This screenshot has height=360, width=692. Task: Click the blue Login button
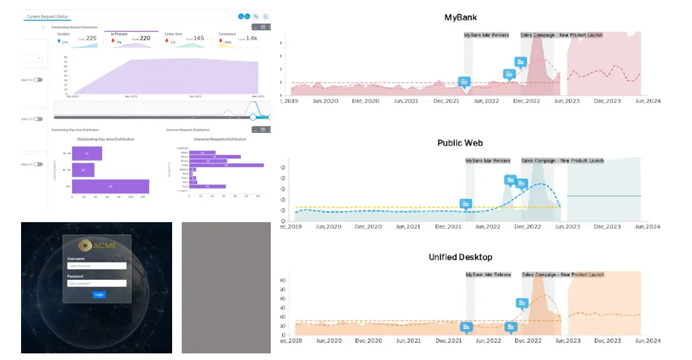(99, 295)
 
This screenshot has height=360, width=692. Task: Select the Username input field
(97, 265)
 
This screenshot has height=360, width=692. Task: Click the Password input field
(97, 283)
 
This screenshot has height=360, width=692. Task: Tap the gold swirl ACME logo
(87, 245)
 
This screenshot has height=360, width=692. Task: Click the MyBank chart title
(461, 17)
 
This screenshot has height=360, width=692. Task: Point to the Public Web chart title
(460, 143)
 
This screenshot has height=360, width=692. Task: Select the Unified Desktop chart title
(460, 257)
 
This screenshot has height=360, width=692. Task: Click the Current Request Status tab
(47, 16)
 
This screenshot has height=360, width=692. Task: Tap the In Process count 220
(145, 39)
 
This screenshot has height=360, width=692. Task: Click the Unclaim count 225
(91, 39)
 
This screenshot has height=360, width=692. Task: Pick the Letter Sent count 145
(199, 39)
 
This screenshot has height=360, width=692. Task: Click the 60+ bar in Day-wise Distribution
(110, 187)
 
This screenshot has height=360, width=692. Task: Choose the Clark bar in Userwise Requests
(226, 165)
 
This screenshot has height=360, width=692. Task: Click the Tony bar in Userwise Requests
(208, 187)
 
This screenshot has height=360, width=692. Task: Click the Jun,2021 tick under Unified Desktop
(409, 341)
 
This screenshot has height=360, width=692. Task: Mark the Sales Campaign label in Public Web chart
(562, 161)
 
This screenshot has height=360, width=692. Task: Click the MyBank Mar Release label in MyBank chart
(486, 35)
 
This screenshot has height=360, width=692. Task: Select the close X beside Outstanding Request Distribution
(43, 27)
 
